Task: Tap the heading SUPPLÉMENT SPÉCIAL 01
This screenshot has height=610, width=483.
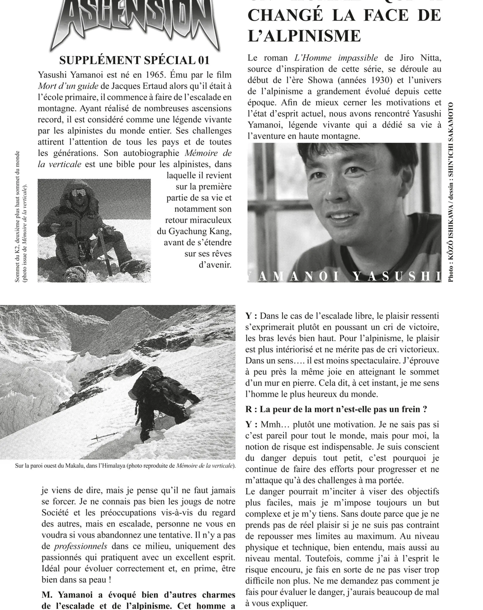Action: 134,60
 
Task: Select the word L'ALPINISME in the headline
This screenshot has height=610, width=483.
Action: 304,36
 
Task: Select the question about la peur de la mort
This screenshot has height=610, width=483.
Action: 336,409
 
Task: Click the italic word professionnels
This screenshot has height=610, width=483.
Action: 81,546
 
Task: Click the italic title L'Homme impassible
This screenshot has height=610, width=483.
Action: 336,58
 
